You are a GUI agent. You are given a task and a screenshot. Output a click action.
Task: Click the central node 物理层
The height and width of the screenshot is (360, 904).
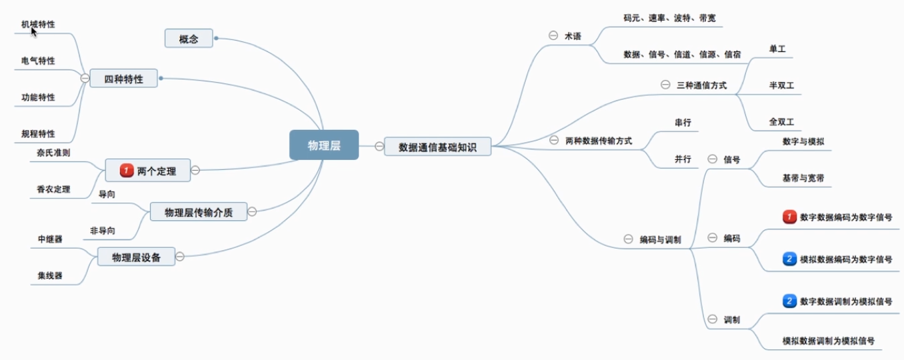[324, 145]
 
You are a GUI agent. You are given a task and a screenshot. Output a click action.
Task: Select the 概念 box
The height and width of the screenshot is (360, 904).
[189, 39]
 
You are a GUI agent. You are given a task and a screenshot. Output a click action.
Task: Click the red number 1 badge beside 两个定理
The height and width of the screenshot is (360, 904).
[127, 171]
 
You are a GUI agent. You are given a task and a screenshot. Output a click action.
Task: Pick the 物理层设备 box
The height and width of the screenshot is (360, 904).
[136, 257]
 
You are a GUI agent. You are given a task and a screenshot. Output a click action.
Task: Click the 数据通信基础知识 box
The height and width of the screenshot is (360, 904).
[437, 146]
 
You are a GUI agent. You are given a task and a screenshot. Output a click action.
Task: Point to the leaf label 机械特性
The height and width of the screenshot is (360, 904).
[38, 25]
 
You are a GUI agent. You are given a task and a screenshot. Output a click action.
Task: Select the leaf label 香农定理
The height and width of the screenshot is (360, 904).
[53, 189]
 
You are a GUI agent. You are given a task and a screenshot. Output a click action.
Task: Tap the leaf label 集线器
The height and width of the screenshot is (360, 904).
[50, 275]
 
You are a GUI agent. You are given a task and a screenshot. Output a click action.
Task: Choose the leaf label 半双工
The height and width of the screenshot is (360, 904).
[781, 85]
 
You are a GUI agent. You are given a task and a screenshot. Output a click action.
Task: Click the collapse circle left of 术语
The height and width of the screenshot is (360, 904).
[552, 36]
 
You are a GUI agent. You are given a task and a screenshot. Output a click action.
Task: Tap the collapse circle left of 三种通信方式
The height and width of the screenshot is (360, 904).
[665, 85]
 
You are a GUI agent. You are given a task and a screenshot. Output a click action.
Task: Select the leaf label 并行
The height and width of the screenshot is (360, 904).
[682, 159]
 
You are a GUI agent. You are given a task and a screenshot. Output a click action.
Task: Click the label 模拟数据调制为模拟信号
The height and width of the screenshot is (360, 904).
[828, 341]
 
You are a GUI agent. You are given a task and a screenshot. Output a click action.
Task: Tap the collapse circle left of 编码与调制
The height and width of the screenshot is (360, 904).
[627, 239]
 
